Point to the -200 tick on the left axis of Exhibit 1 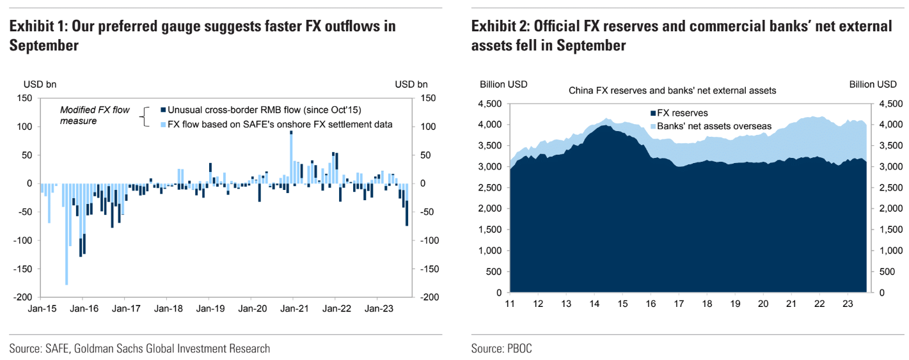pos(23,297)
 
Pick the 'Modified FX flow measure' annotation pos(95,115)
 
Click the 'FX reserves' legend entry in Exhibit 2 pos(682,113)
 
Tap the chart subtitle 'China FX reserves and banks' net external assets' pos(672,91)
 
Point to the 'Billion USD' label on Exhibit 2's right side pos(873,84)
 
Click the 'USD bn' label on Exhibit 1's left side pos(39,84)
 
